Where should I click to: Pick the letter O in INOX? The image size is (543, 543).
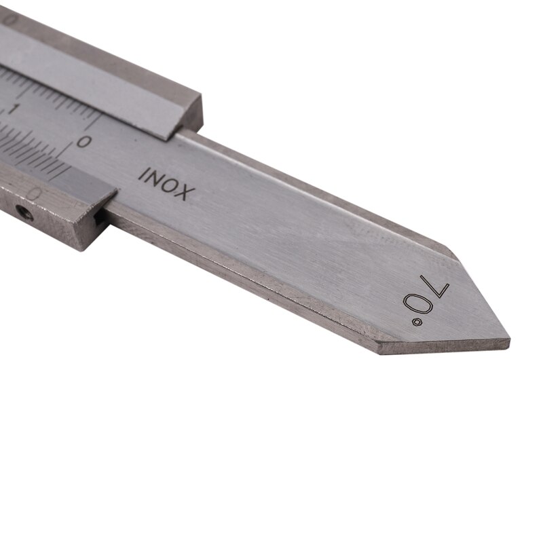[171, 185]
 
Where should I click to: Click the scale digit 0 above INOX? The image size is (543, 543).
[83, 141]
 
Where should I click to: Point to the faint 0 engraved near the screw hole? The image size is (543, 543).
[37, 195]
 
